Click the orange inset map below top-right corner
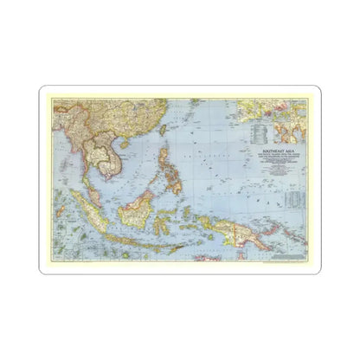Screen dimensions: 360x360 point(289,129)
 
